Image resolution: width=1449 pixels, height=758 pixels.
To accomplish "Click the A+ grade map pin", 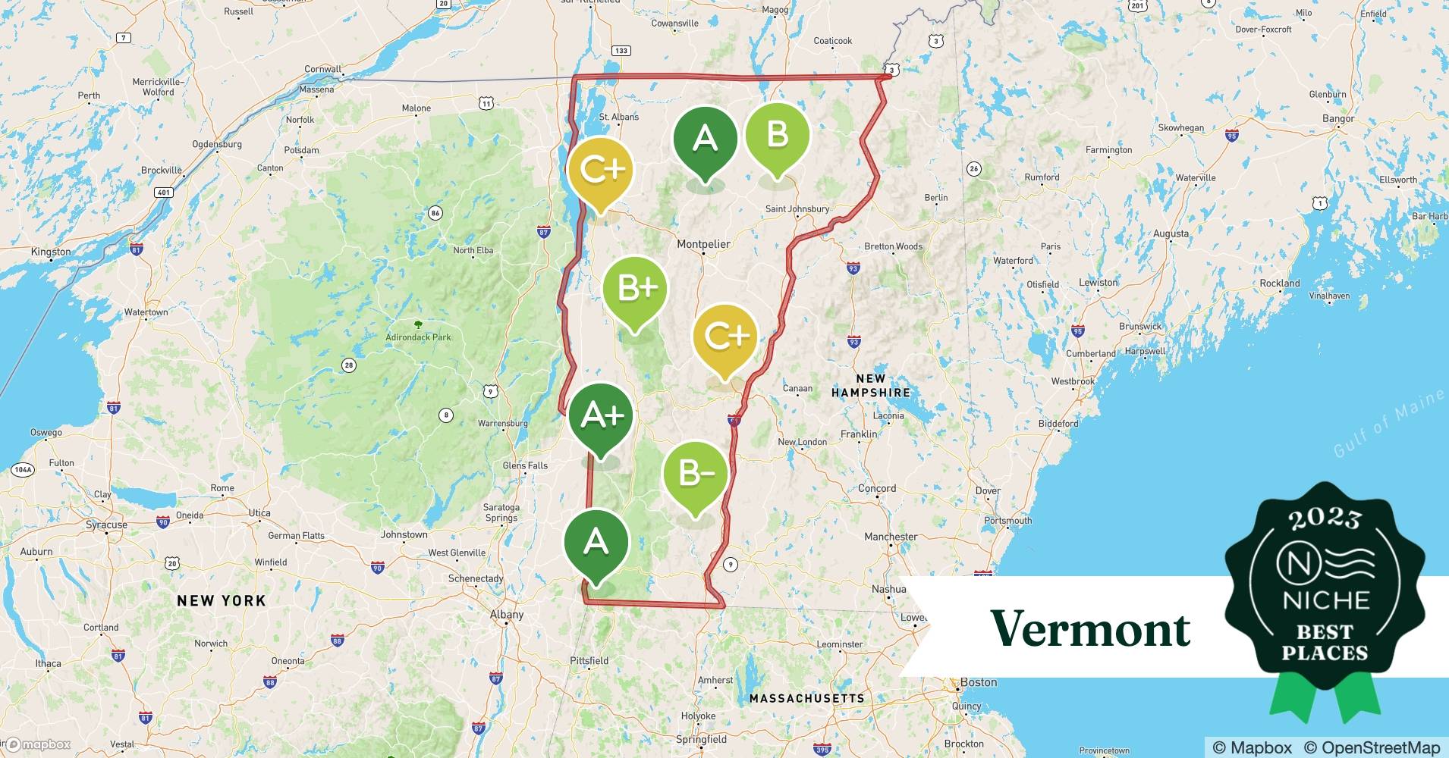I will (x=602, y=416).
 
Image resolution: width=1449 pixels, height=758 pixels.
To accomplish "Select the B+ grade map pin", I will (x=635, y=289).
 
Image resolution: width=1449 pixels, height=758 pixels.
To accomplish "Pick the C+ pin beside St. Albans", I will (x=601, y=170).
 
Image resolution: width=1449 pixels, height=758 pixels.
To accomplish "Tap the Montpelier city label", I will (x=703, y=244).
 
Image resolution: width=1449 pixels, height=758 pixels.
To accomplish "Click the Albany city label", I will (x=506, y=615).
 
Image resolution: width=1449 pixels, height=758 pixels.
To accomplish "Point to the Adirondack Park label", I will (x=418, y=337).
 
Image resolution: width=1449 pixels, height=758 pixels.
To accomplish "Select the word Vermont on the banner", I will (x=1090, y=628).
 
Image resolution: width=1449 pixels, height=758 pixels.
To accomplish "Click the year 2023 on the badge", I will (x=1325, y=519).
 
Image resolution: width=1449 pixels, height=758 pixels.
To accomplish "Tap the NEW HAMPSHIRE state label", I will (x=870, y=386).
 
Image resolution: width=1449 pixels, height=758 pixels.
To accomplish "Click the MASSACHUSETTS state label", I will (x=806, y=698).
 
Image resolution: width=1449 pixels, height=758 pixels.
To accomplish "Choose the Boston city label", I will (x=979, y=682).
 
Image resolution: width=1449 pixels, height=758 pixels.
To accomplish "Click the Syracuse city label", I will (x=106, y=525).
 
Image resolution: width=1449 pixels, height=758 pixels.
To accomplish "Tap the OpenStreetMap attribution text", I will (x=1372, y=747).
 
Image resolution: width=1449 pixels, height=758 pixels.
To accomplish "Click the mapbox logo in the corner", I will (x=38, y=744).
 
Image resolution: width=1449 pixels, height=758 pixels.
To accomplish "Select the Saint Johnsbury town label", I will (x=797, y=209).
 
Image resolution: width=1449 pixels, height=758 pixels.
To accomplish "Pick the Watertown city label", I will (x=146, y=312).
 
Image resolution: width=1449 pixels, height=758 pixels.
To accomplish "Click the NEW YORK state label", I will (x=221, y=601).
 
